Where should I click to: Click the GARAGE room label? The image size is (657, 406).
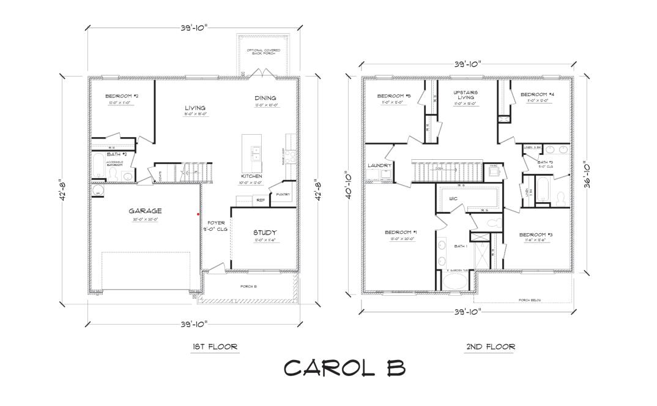pyautogui.click(x=144, y=211)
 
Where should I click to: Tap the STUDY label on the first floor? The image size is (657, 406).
pyautogui.click(x=265, y=233)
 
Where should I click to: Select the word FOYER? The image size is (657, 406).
pyautogui.click(x=216, y=223)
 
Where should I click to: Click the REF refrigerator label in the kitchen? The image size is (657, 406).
pyautogui.click(x=260, y=200)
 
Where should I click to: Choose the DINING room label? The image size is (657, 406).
pyautogui.click(x=265, y=98)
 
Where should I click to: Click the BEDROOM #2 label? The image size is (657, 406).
pyautogui.click(x=121, y=96)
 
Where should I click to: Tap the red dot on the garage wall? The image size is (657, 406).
pyautogui.click(x=198, y=214)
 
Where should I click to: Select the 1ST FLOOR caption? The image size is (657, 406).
pyautogui.click(x=214, y=347)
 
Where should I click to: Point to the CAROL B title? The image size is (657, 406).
pyautogui.click(x=344, y=367)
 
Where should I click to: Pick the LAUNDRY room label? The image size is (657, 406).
pyautogui.click(x=379, y=165)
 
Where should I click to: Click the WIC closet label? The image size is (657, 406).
pyautogui.click(x=453, y=198)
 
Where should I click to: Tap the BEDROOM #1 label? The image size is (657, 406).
pyautogui.click(x=401, y=232)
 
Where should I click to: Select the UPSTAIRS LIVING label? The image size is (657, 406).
pyautogui.click(x=466, y=96)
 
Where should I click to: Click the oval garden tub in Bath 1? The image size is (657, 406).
pyautogui.click(x=453, y=282)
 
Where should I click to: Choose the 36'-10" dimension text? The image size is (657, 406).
pyautogui.click(x=586, y=175)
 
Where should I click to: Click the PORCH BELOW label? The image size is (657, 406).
pyautogui.click(x=530, y=300)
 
